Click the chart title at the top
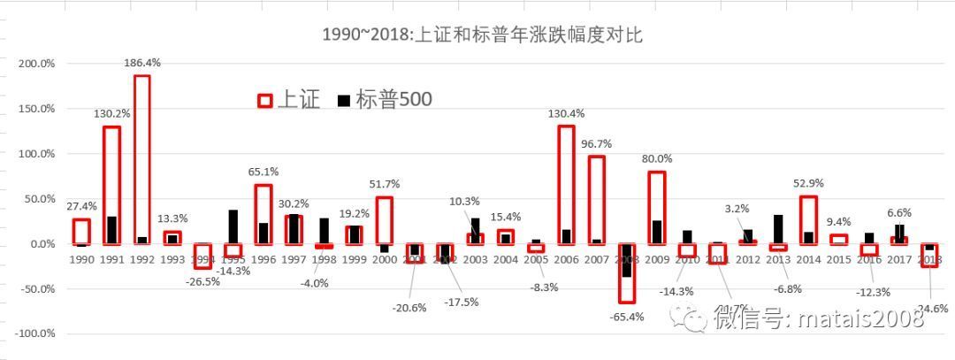[482, 36]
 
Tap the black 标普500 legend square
[343, 101]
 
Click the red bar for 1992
[141, 159]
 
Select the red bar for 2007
[597, 200]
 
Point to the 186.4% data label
[141, 63]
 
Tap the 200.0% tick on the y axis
[38, 64]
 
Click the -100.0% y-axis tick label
[36, 334]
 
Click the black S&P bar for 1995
[233, 226]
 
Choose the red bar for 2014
[808, 220]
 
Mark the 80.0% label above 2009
[657, 158]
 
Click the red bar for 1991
[111, 185]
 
